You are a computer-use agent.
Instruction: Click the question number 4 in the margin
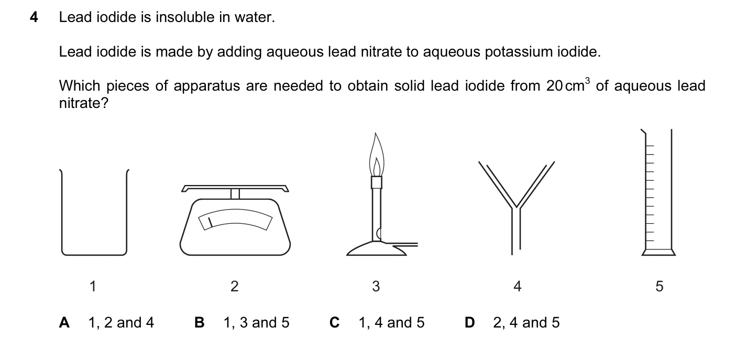pyautogui.click(x=34, y=17)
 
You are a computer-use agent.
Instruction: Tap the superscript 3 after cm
pyautogui.click(x=587, y=81)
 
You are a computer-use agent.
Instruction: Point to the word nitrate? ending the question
pyautogui.click(x=83, y=103)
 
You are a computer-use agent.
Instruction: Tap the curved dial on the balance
pyautogui.click(x=235, y=219)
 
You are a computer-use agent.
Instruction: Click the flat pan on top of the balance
pyautogui.click(x=235, y=188)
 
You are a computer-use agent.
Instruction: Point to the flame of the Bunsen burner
pyautogui.click(x=376, y=154)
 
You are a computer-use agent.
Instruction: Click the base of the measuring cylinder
pyautogui.click(x=659, y=253)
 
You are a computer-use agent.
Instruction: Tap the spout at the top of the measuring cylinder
pyautogui.click(x=643, y=132)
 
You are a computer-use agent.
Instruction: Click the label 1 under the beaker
pyautogui.click(x=93, y=287)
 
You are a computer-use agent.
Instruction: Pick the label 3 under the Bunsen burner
pyautogui.click(x=376, y=287)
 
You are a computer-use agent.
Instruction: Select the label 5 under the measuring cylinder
pyautogui.click(x=660, y=287)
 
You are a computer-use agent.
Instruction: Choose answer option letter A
pyautogui.click(x=64, y=323)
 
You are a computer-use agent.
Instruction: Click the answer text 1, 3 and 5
pyautogui.click(x=256, y=323)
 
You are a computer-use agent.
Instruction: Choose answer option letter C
pyautogui.click(x=334, y=323)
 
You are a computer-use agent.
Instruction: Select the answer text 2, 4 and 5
pyautogui.click(x=526, y=323)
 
